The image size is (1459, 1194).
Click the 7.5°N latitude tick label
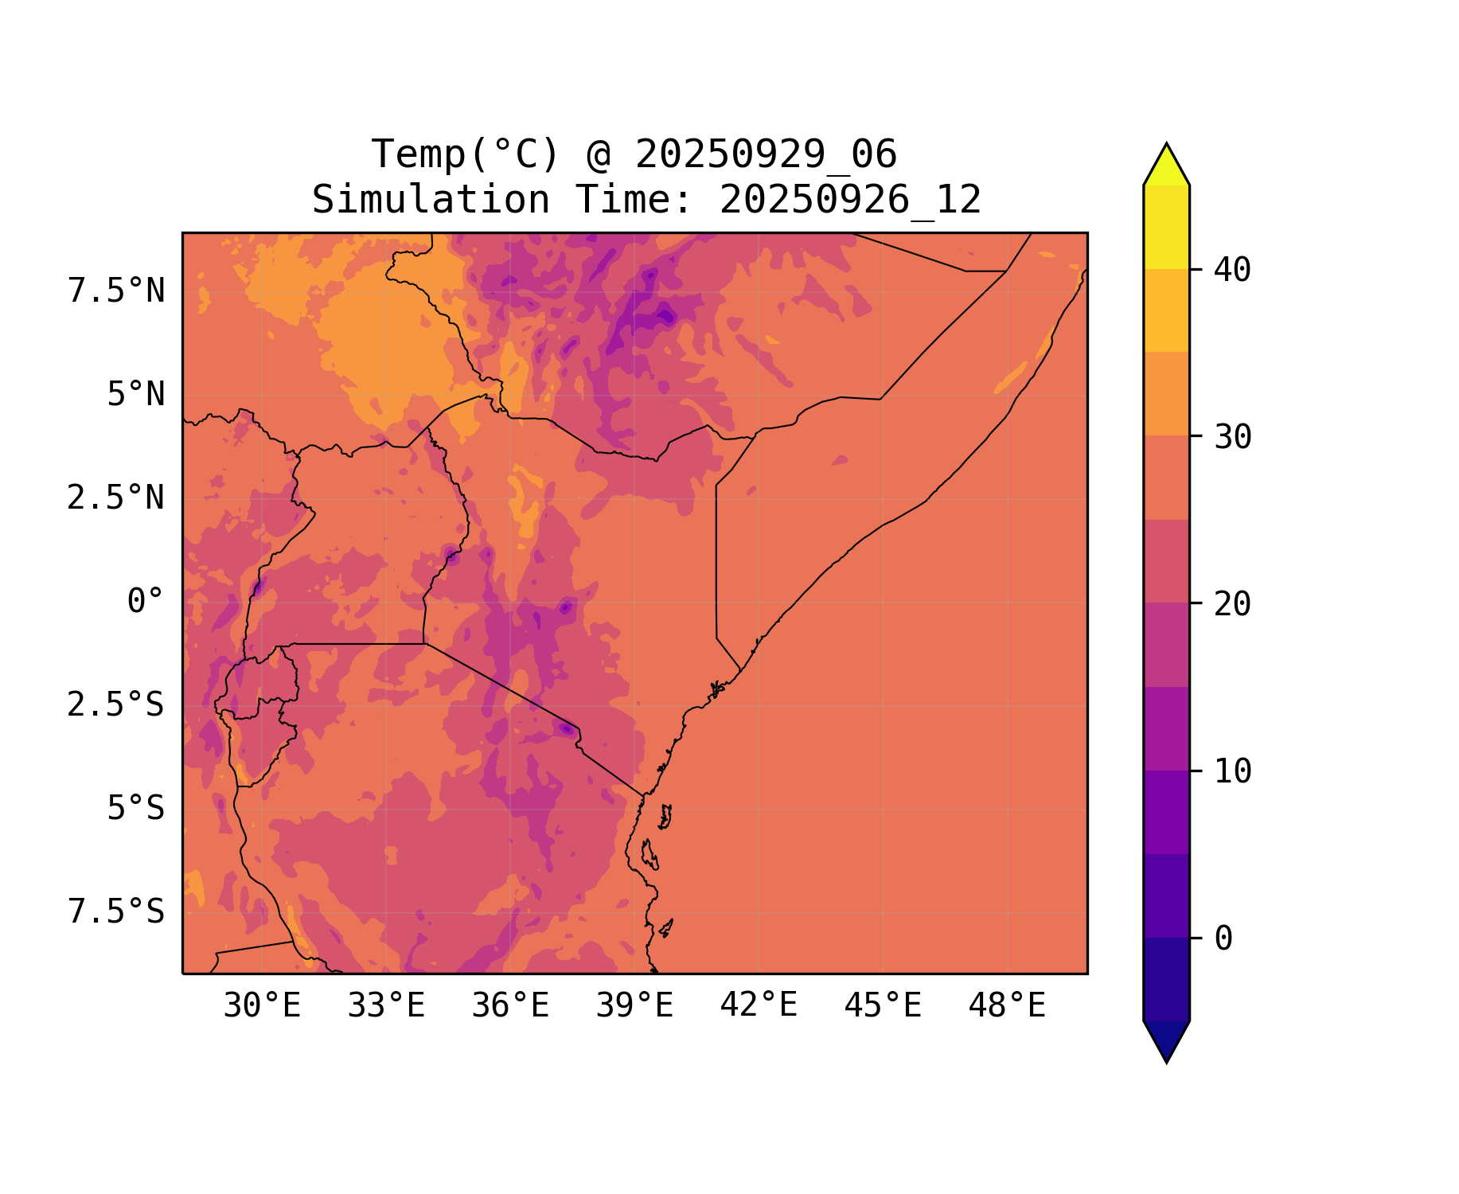116,291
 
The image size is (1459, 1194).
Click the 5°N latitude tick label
135,395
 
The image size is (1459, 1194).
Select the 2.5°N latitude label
116,498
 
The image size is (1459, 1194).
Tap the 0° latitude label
145,602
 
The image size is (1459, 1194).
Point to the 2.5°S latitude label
116,705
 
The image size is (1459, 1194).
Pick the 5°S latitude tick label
135,809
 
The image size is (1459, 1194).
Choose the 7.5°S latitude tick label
116,912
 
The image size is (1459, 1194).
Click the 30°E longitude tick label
262,1006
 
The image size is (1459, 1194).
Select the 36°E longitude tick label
510,1006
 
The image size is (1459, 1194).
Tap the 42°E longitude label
759,1006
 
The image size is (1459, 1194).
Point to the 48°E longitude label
1007,1006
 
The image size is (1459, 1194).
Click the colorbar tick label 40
1232,271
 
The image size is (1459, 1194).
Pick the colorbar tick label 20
1232,604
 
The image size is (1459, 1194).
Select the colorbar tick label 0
1223,939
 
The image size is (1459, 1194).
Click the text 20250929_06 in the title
766,154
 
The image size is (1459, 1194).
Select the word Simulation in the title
431,200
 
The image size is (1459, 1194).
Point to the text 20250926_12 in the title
850,200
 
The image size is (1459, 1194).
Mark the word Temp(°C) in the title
466,154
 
